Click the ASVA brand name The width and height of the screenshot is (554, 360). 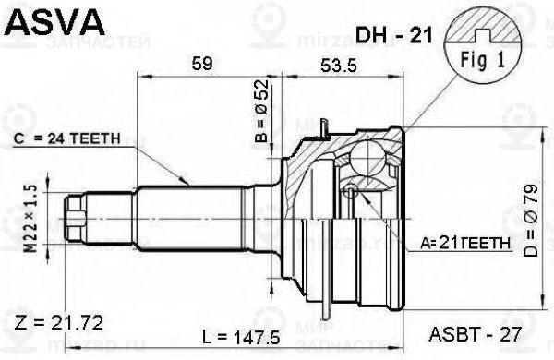[x=46, y=19]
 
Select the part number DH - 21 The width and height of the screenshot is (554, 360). [x=389, y=35]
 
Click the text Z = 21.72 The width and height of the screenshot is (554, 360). [x=59, y=322]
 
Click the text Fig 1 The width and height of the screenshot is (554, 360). [x=478, y=56]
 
